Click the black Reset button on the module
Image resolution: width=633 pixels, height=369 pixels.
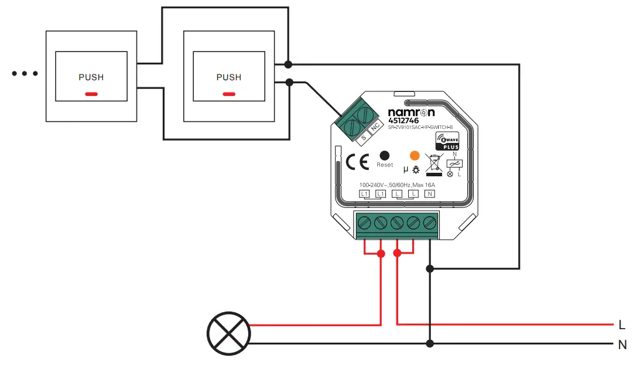[385, 156]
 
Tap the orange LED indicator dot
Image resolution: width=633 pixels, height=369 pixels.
[415, 156]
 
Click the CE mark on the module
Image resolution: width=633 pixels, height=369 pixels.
[357, 162]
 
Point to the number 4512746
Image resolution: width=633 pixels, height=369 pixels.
[405, 121]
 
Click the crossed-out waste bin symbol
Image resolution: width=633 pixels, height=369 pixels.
[433, 163]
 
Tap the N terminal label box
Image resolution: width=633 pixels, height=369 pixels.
[430, 193]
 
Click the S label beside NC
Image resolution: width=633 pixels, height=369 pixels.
[363, 137]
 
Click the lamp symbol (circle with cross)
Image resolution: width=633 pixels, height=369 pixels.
[228, 334]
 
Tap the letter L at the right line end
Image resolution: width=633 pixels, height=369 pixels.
[622, 324]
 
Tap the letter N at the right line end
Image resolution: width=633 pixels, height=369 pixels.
[622, 345]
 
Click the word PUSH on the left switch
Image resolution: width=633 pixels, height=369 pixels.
[91, 77]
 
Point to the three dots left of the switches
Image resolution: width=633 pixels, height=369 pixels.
[25, 74]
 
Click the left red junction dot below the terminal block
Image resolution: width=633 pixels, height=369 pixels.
[381, 254]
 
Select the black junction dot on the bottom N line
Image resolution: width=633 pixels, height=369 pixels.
[430, 343]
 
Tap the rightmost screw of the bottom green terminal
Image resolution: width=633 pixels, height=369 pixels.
[430, 222]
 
